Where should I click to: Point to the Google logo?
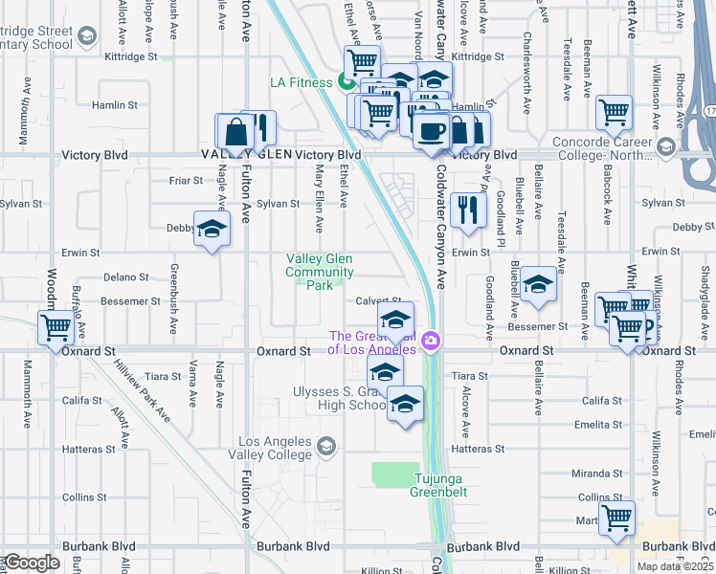(31, 562)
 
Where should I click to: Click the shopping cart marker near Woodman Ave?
(56, 326)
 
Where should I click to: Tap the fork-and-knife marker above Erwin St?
(468, 210)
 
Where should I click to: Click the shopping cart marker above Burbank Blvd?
(617, 518)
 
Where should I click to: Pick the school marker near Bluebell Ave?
(539, 284)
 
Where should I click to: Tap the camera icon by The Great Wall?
(431, 341)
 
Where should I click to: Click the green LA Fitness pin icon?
(346, 82)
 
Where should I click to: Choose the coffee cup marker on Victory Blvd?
(431, 129)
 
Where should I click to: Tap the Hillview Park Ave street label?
(133, 384)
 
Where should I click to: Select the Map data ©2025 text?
(676, 566)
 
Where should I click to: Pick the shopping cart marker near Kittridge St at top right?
(614, 112)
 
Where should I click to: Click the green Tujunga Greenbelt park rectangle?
(395, 474)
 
